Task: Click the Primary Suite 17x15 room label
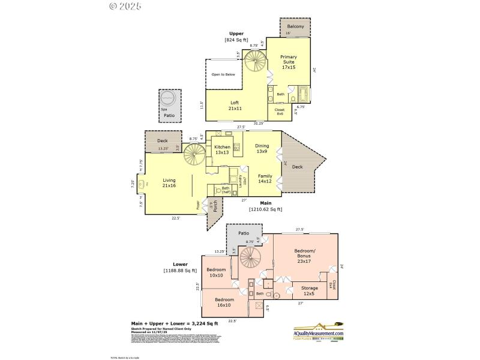click(289, 62)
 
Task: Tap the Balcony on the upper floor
click(295, 27)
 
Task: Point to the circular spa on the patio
click(169, 98)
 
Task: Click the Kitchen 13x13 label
click(223, 149)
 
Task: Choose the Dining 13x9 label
click(262, 148)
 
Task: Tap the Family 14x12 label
click(265, 178)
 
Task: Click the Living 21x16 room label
click(169, 182)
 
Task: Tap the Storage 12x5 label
click(310, 291)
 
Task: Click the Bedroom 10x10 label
click(216, 272)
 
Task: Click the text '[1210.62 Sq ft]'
click(265, 209)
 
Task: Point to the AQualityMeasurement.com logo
click(318, 331)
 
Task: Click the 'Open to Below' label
click(223, 75)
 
